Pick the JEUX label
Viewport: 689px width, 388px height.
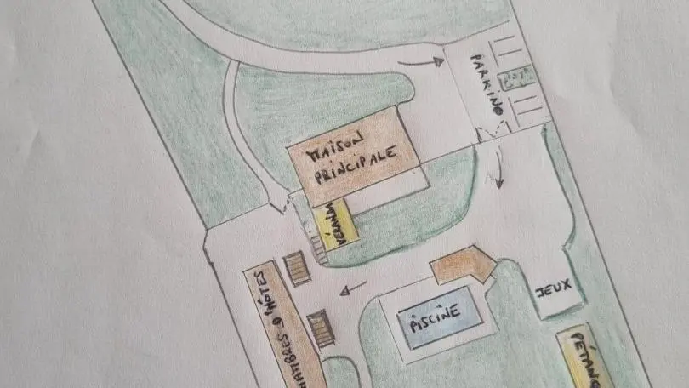[554, 288]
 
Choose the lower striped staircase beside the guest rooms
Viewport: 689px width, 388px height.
[322, 328]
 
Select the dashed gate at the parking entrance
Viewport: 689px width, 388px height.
[492, 133]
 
